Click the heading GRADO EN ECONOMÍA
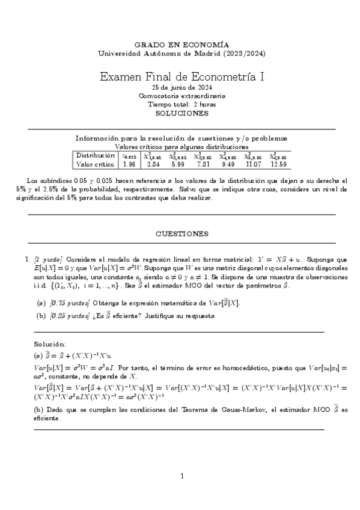[x=181, y=45]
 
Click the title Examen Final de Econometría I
[x=181, y=77]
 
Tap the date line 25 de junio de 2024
[x=181, y=88]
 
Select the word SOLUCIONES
[x=181, y=112]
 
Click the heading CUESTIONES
[x=182, y=233]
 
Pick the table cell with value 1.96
[x=129, y=164]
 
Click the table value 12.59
[x=279, y=164]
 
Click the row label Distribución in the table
[x=95, y=155]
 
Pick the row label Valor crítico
[x=95, y=164]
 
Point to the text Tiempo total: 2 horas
[x=182, y=104]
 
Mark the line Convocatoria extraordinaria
[x=182, y=96]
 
